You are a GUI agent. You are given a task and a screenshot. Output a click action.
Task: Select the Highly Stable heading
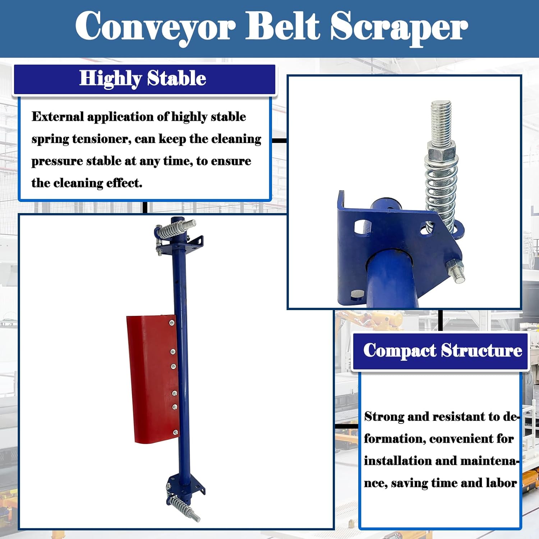click(x=143, y=78)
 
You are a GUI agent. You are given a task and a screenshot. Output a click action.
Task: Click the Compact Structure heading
click(x=442, y=350)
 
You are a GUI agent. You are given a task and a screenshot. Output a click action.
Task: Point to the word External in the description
click(x=57, y=117)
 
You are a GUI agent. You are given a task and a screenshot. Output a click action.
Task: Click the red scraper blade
click(x=151, y=377)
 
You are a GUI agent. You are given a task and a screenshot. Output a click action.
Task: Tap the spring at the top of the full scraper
click(x=173, y=229)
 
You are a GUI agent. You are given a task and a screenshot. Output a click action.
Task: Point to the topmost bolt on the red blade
click(x=172, y=323)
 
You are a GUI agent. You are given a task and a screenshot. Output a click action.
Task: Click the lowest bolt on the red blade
click(x=175, y=432)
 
